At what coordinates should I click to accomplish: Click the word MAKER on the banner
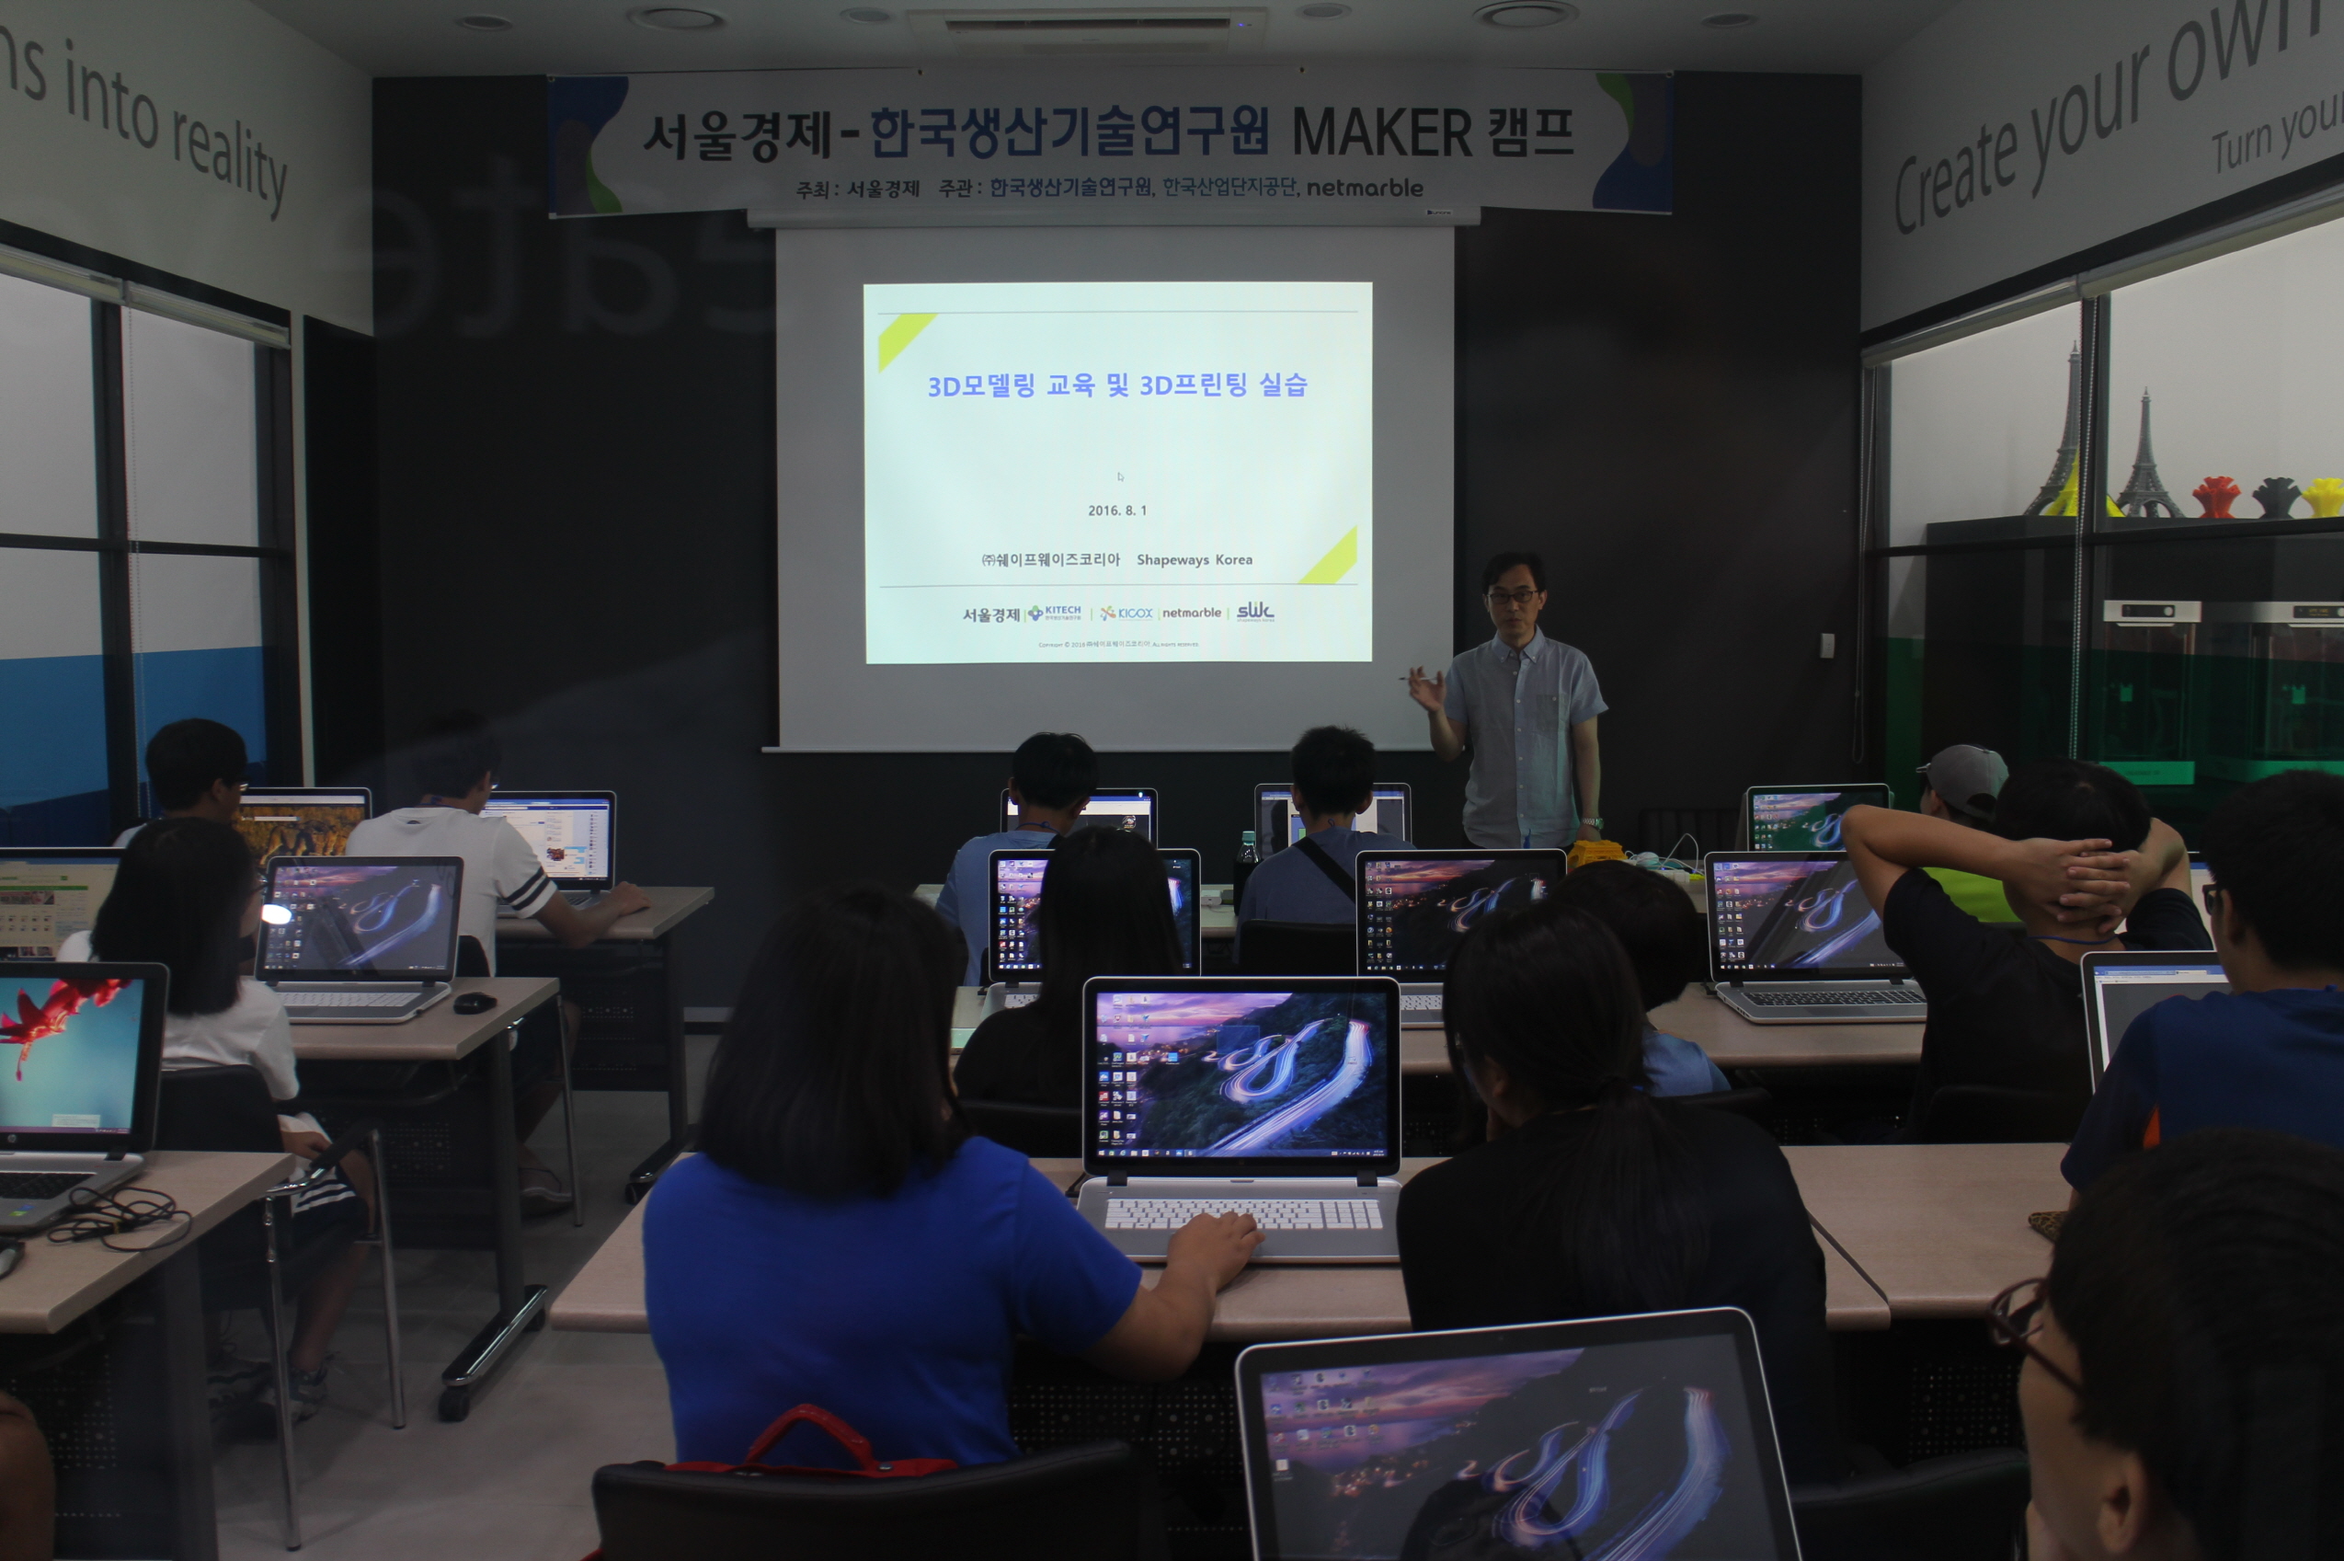click(x=1381, y=132)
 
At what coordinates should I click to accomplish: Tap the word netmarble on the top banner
click(x=1364, y=187)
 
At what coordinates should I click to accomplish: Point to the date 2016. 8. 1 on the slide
click(x=1116, y=511)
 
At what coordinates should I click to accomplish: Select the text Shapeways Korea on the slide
click(x=1195, y=559)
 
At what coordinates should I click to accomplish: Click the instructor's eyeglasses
click(x=1513, y=595)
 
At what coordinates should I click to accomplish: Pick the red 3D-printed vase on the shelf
click(x=2215, y=496)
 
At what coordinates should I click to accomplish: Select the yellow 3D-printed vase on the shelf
click(x=2323, y=496)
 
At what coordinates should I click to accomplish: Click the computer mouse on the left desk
click(x=475, y=1003)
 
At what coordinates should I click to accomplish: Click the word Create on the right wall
click(x=1956, y=179)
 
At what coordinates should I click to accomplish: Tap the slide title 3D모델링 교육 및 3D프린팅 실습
click(x=1116, y=385)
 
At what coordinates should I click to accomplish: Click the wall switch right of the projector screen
click(x=1826, y=645)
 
